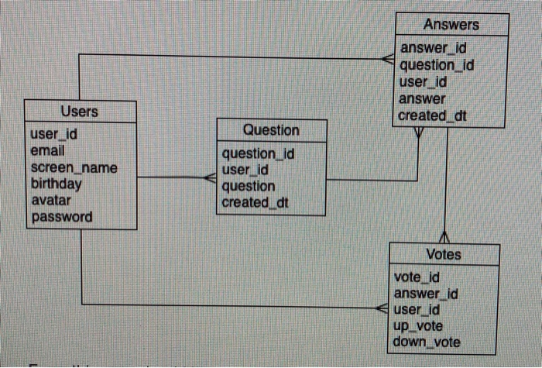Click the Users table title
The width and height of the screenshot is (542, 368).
pos(79,112)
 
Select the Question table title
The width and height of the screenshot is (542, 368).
pos(270,130)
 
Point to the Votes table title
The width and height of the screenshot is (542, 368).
pos(443,254)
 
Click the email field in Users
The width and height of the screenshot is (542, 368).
pos(46,150)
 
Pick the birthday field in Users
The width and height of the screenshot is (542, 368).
pos(56,184)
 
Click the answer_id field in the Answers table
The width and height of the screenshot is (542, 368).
pos(432,50)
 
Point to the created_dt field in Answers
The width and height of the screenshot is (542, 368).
pos(433,115)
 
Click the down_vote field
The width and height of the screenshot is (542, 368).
pos(427,342)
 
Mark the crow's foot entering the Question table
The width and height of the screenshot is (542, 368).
pos(210,178)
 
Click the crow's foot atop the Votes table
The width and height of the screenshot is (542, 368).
pos(445,236)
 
